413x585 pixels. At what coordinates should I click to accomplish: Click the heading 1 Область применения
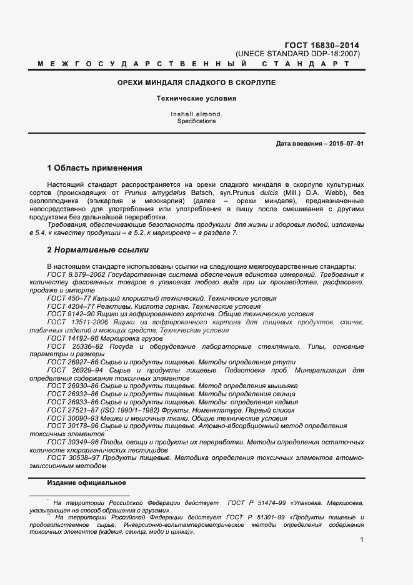coord(94,168)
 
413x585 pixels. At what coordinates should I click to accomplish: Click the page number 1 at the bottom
coord(362,539)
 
